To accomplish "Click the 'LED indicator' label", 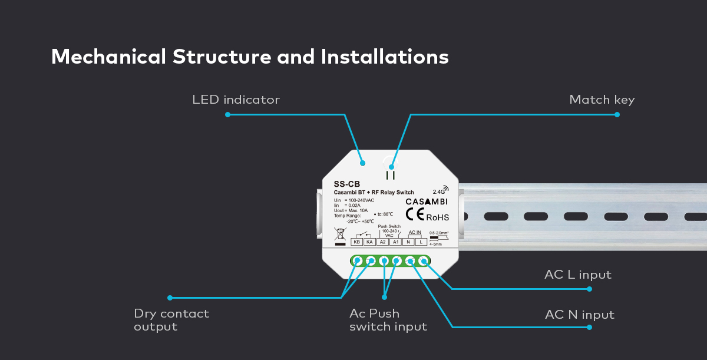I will point(236,100).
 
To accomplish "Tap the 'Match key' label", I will point(602,100).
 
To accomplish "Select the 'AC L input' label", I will point(577,275).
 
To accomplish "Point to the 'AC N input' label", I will point(579,315).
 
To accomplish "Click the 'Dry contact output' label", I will point(171,320).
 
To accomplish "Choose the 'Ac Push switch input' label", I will point(388,320).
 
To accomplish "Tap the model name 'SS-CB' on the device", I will point(346,184).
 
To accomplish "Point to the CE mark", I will point(415,216).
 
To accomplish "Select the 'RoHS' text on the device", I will point(438,217).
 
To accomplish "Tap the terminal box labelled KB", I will point(356,242).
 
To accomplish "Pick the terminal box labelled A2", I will point(382,242).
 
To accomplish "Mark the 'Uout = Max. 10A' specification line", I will point(351,210).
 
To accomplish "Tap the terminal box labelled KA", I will point(369,242).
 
